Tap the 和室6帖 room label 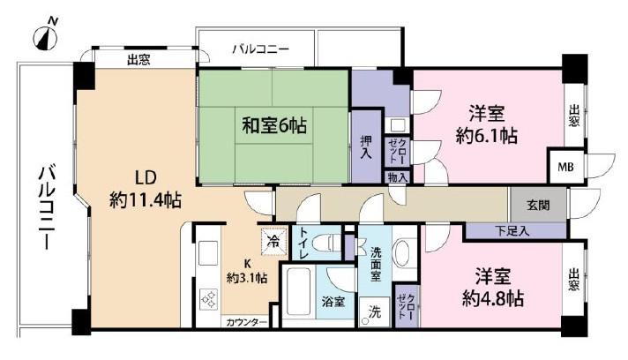point(275,126)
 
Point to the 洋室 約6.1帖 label point(486,124)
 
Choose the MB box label point(561,166)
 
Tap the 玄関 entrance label point(538,205)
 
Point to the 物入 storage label point(397,177)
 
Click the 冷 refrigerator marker point(273,239)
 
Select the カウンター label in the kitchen point(246,322)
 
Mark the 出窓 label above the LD point(138,61)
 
